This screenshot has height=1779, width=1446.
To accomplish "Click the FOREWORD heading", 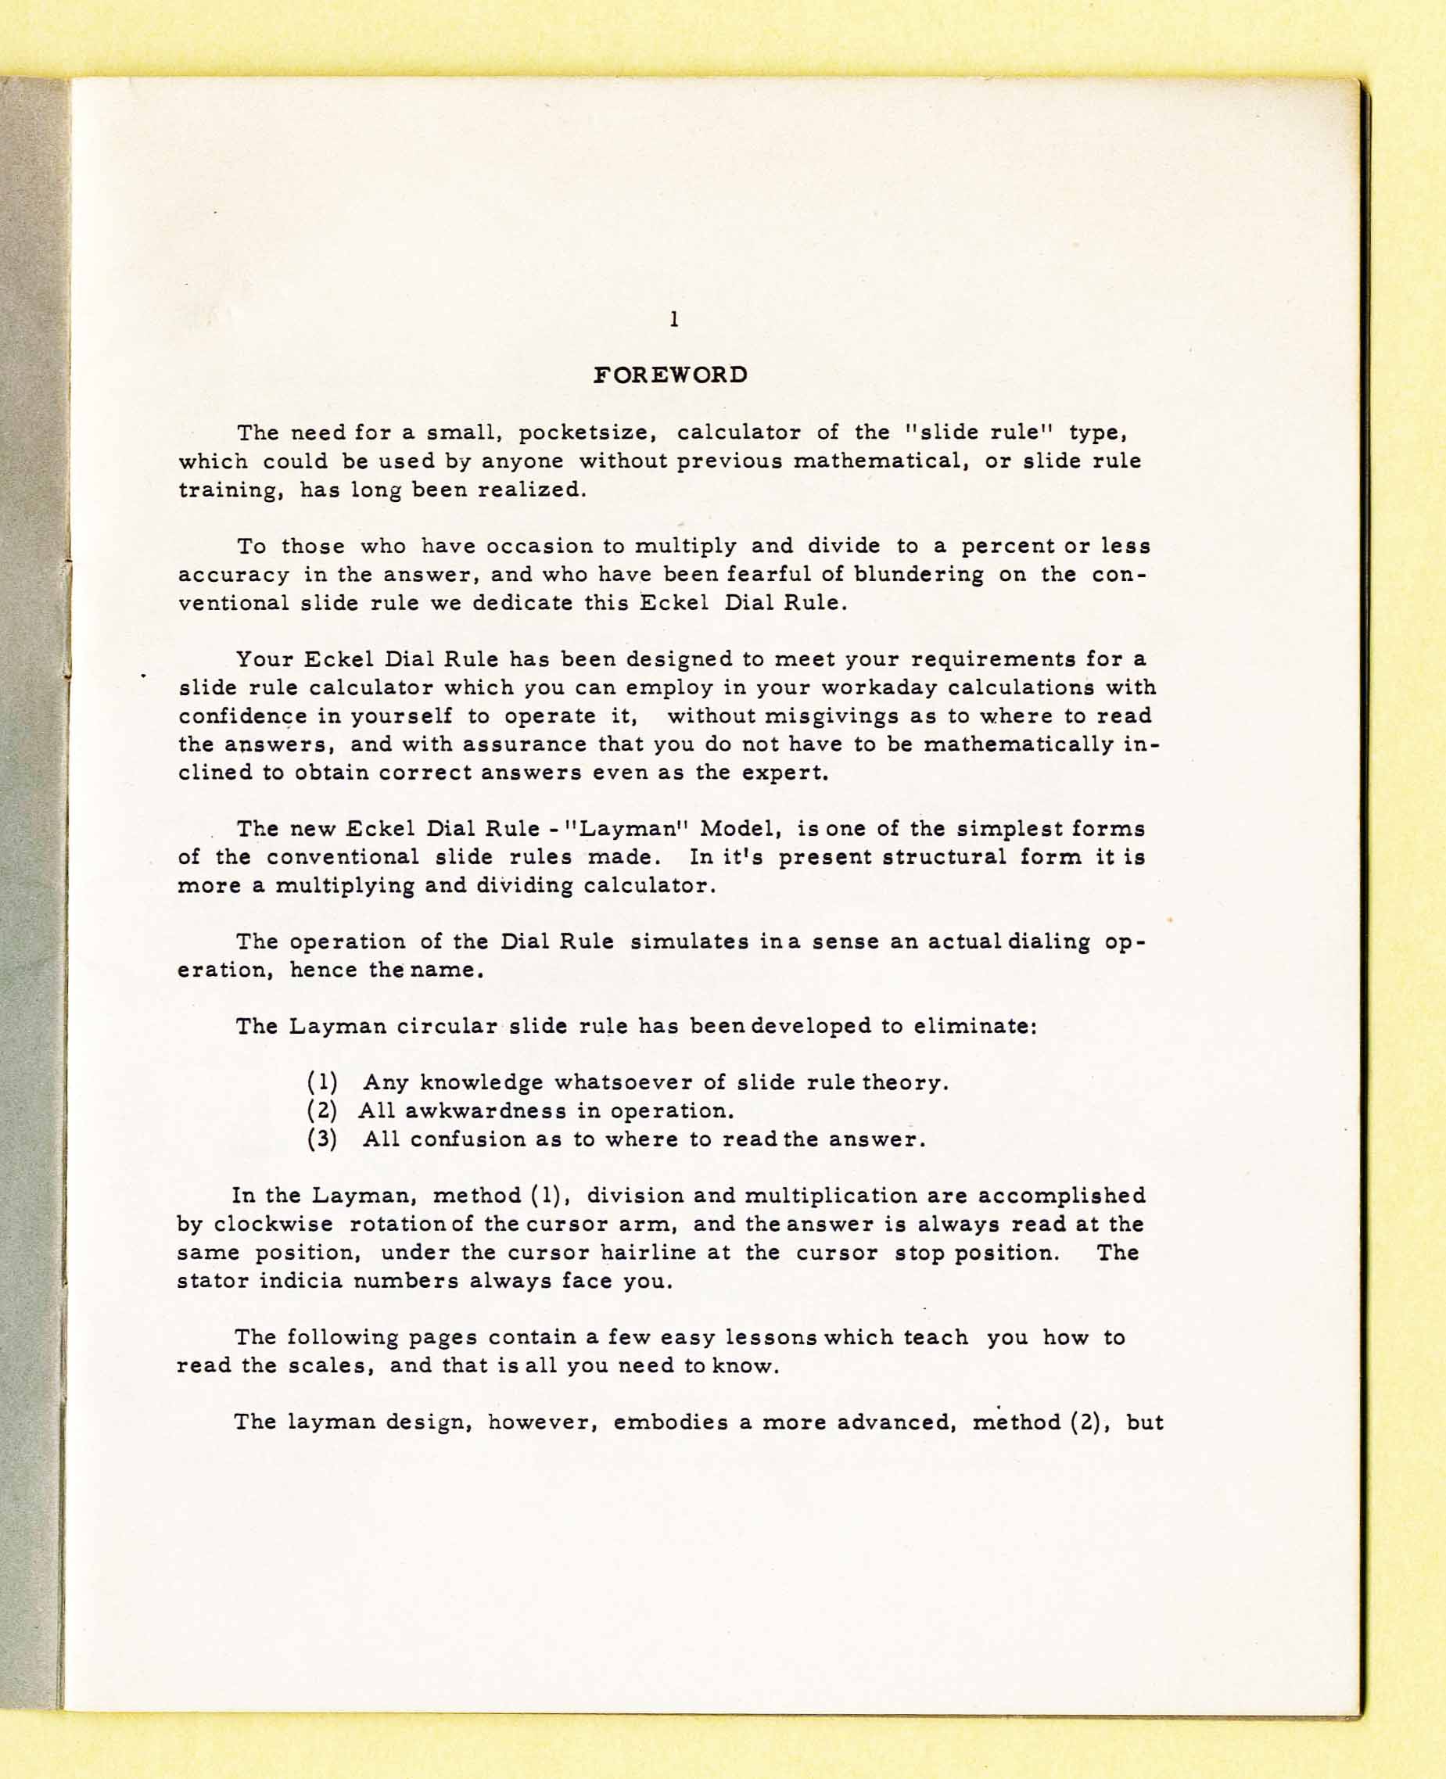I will [670, 375].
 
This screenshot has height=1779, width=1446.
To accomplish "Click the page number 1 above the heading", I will [674, 319].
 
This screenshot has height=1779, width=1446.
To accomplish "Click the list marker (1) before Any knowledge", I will [322, 1083].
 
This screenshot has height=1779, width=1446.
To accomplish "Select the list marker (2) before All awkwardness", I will [322, 1111].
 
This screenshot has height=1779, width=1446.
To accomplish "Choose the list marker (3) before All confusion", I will [322, 1139].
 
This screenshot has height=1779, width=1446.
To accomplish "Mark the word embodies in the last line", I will [670, 1422].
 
